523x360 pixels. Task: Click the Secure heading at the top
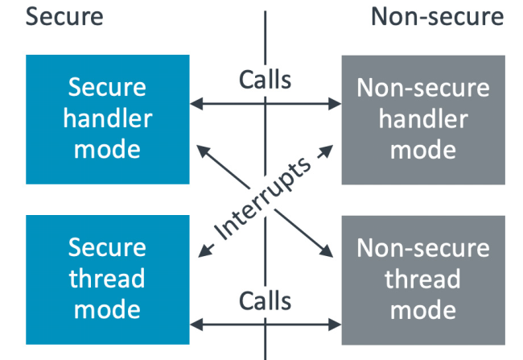tap(65, 16)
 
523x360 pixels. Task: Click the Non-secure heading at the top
tap(437, 16)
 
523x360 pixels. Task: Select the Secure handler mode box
tap(108, 118)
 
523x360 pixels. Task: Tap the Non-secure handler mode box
tap(423, 118)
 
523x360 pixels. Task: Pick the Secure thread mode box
tap(108, 278)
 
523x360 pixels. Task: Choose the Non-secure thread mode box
tap(423, 278)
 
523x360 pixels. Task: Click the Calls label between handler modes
tap(266, 81)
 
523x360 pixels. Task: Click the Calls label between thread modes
tap(266, 301)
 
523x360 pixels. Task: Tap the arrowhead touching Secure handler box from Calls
tap(195, 103)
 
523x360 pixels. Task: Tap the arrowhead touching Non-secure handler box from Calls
tap(336, 103)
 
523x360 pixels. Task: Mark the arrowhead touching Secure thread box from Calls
tap(195, 325)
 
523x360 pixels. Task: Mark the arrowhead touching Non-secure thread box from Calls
tap(336, 325)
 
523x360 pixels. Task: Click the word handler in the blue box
tap(108, 118)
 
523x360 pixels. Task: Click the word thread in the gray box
tap(423, 279)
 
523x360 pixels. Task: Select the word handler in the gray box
tap(423, 118)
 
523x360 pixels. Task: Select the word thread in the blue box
tap(108, 279)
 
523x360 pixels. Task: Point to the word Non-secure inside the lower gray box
tap(423, 249)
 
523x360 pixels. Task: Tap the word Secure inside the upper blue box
tap(108, 88)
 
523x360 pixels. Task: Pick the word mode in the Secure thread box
tap(108, 309)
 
